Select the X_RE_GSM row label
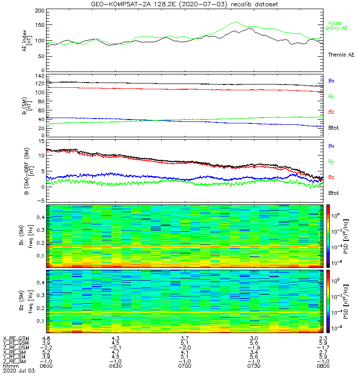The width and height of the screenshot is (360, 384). [x=16, y=339]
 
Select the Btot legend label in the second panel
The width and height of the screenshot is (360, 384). [x=334, y=127]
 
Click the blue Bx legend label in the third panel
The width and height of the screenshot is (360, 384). [x=331, y=145]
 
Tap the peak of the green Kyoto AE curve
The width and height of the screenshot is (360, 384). [x=235, y=22]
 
